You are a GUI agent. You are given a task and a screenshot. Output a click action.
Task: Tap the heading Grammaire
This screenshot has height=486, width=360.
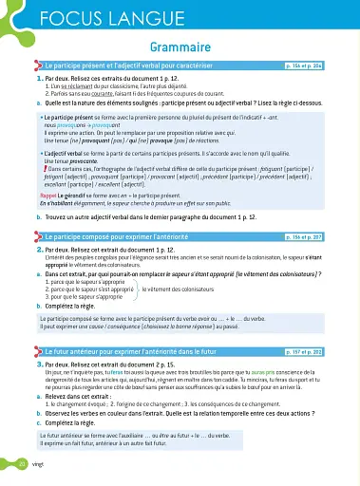[180, 45]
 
